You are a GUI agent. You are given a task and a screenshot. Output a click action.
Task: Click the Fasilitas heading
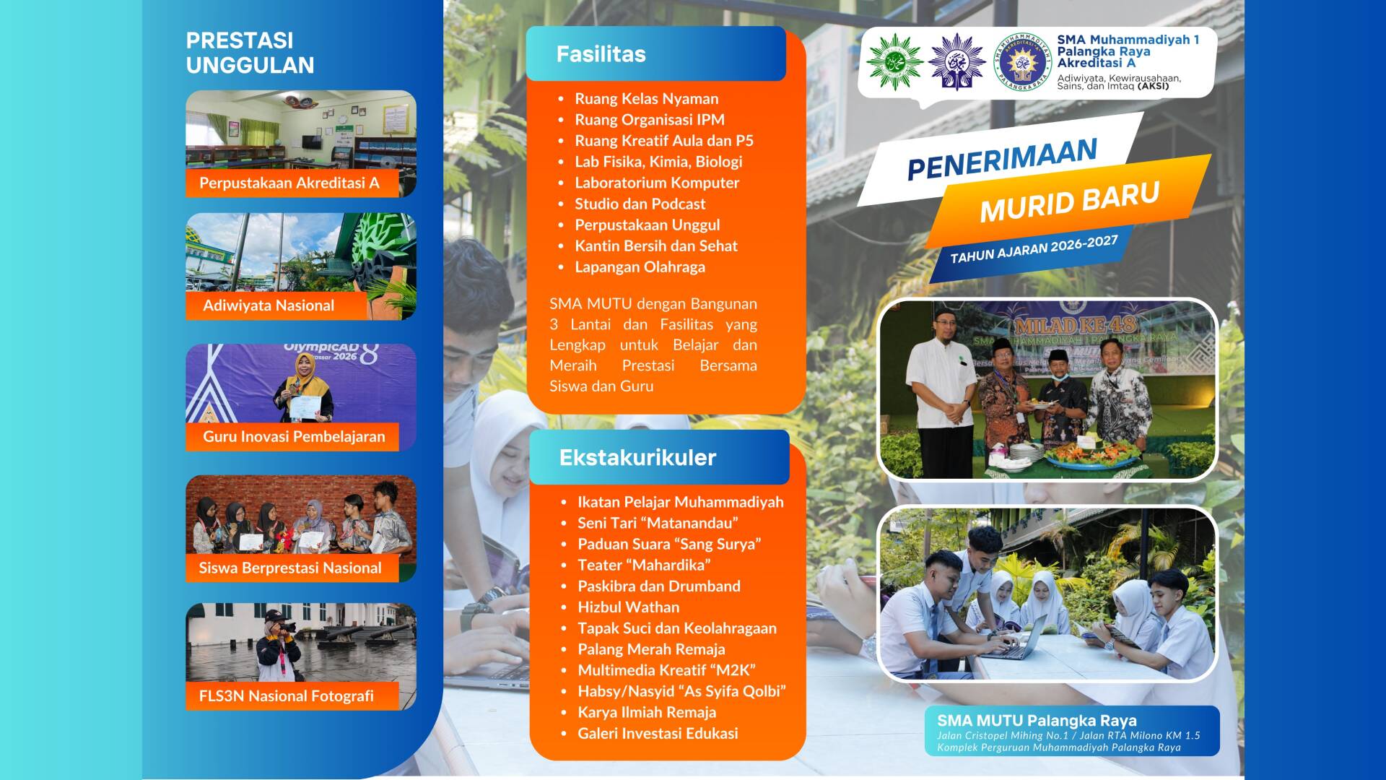click(x=601, y=54)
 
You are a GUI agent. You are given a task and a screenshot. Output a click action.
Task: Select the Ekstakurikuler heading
click(x=637, y=458)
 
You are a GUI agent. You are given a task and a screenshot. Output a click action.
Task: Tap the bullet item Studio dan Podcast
click(x=640, y=204)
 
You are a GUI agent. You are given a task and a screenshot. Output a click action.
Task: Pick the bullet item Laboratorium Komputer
click(x=657, y=183)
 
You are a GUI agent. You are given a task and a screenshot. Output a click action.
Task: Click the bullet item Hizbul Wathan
click(x=628, y=607)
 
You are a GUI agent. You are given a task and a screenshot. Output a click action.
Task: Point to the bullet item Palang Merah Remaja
click(x=651, y=649)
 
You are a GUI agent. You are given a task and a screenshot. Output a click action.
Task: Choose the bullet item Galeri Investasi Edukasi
click(x=658, y=734)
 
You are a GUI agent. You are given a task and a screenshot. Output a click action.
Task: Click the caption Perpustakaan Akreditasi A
click(x=289, y=183)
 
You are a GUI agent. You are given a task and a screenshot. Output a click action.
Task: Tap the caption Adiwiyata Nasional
click(x=269, y=305)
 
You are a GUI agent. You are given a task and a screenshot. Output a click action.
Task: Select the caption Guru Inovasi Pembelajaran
click(x=294, y=436)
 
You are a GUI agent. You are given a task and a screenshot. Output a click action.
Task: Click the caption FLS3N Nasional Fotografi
click(x=287, y=696)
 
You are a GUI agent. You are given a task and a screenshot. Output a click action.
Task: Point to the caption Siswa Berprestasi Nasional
click(x=290, y=568)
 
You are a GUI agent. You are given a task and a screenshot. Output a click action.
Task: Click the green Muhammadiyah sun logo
click(x=895, y=61)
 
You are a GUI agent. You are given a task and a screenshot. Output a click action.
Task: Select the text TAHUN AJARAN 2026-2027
click(x=1034, y=249)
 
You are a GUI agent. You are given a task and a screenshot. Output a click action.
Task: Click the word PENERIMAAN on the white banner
click(x=1002, y=159)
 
